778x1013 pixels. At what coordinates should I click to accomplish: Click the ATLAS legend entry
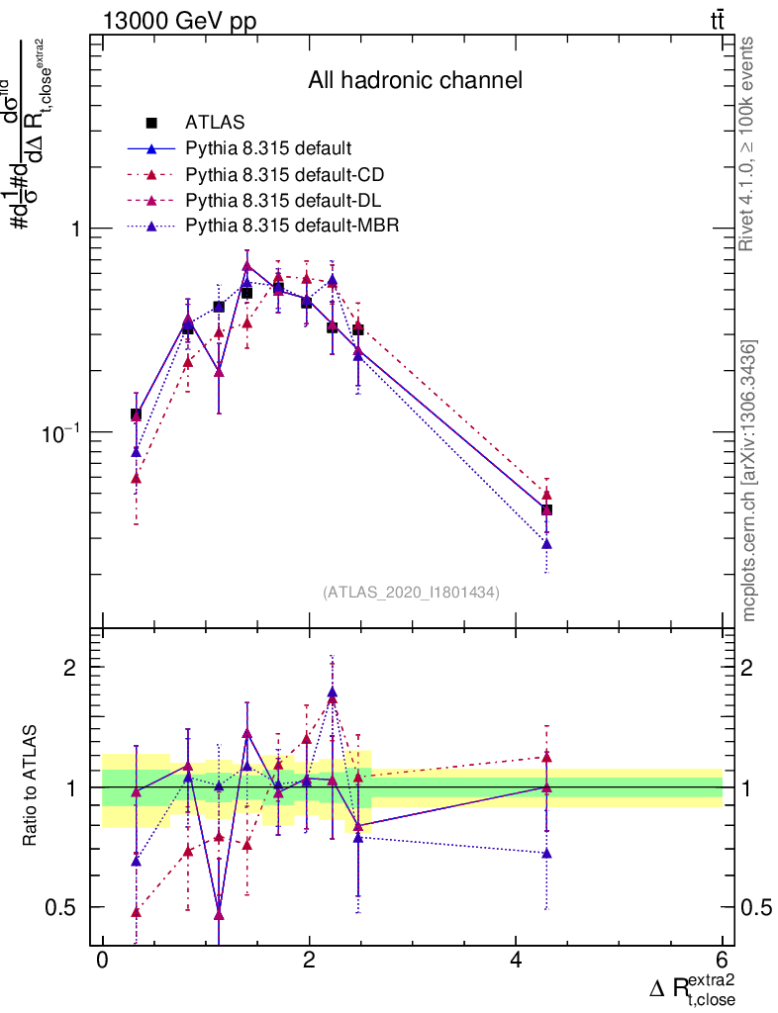[215, 123]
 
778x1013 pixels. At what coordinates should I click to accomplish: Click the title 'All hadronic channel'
[415, 80]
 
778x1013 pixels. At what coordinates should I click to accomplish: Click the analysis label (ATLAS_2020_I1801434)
[411, 593]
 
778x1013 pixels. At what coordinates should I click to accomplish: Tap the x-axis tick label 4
[516, 962]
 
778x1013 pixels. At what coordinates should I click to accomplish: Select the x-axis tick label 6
[722, 962]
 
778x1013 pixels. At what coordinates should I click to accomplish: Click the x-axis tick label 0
[102, 962]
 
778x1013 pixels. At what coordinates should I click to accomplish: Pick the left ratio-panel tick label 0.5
[61, 907]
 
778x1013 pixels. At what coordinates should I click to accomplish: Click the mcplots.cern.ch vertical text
[749, 480]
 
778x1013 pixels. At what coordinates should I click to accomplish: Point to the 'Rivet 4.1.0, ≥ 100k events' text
[748, 144]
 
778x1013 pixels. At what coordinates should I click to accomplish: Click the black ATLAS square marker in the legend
[151, 123]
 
